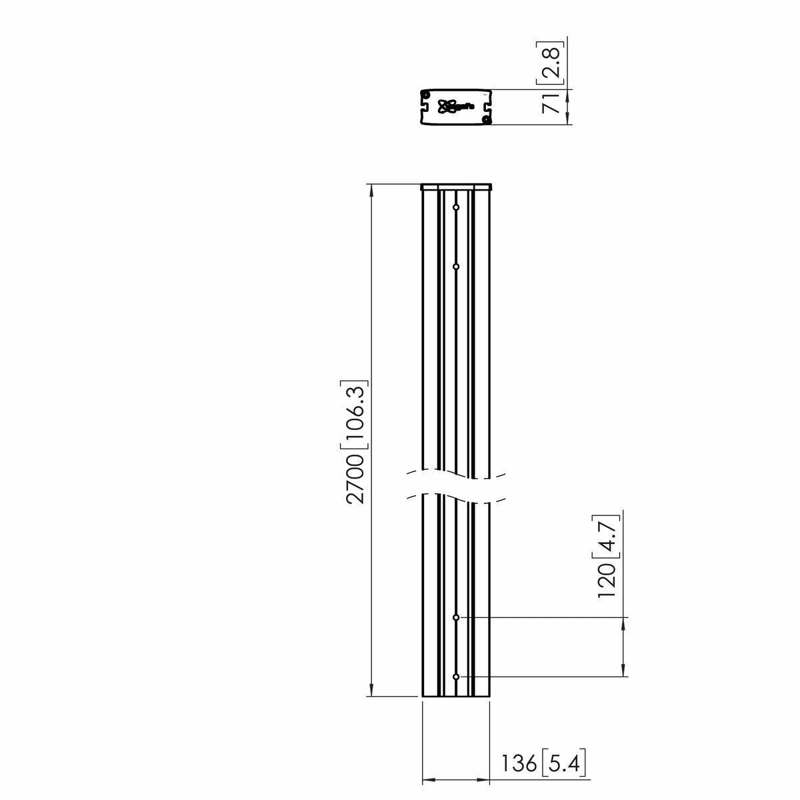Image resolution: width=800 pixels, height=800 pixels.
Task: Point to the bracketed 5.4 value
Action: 564,762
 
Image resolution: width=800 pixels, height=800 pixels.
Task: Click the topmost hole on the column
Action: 456,208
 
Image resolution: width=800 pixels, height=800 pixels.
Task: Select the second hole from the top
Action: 456,267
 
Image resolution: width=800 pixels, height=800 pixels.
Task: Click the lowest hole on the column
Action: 456,677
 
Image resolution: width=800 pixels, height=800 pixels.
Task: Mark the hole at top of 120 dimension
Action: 456,618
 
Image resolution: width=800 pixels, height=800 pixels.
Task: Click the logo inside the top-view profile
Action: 451,106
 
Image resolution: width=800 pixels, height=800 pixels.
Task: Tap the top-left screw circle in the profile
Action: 425,94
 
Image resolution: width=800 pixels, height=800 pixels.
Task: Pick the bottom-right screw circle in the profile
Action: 487,120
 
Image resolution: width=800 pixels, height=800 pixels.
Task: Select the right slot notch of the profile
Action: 488,106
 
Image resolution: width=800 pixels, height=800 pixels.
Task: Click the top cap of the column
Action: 456,187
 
